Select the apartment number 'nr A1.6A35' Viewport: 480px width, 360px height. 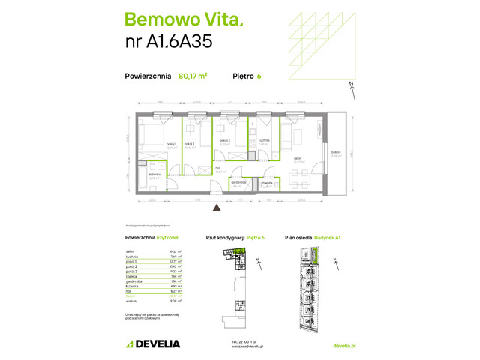coord(169,42)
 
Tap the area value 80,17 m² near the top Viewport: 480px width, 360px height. coord(193,75)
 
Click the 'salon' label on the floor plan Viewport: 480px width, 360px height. coord(297,158)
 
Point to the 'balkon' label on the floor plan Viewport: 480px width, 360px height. coord(336,152)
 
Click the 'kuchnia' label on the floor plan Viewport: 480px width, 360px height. coord(264,140)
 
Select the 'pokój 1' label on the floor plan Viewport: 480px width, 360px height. coord(171,144)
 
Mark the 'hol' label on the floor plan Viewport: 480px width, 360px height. coord(217,169)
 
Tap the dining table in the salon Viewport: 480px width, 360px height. coord(300,179)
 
